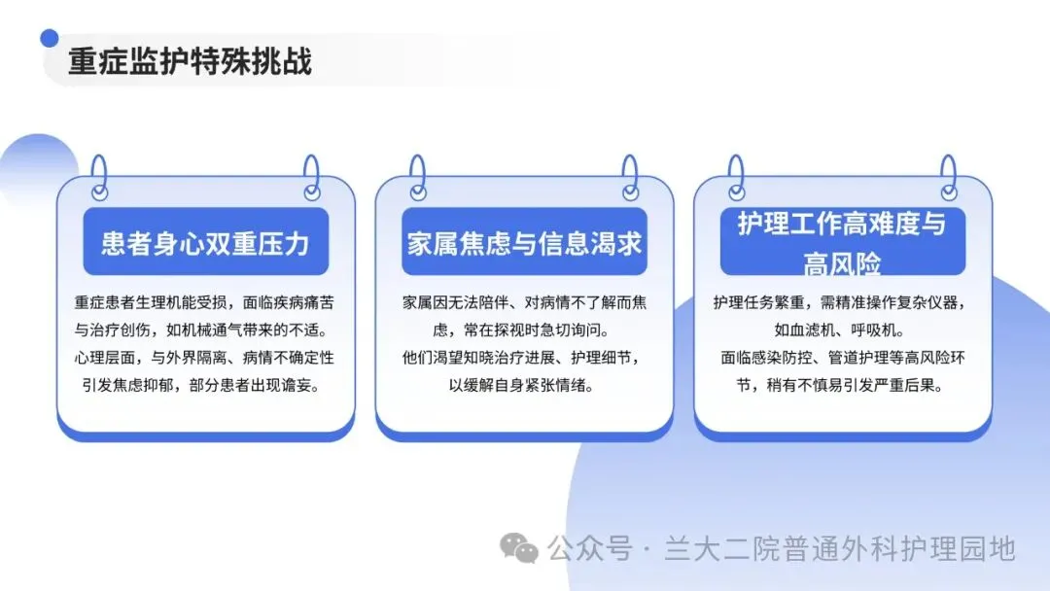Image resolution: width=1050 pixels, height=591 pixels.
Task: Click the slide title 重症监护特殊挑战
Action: (191, 61)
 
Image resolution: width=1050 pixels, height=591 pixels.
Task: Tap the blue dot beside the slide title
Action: (49, 38)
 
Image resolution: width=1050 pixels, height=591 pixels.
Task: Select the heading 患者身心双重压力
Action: (205, 244)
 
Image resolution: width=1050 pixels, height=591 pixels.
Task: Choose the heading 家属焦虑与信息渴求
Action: (524, 244)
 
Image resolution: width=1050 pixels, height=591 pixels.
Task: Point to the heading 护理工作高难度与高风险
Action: (842, 242)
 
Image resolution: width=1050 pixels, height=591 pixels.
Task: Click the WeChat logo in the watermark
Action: (519, 548)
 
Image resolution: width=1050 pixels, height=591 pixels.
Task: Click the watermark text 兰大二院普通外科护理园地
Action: (840, 549)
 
